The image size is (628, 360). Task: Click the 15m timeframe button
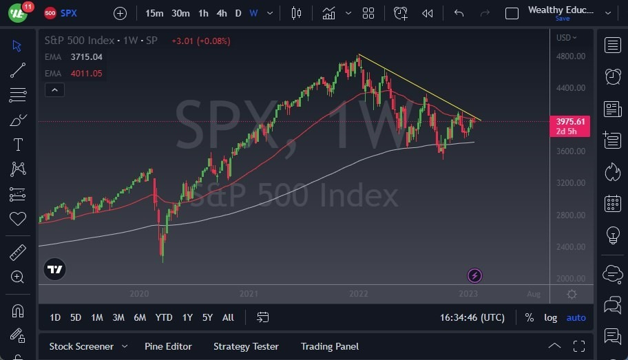point(154,13)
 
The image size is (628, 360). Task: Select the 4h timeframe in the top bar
point(221,13)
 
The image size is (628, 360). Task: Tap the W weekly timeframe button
point(253,13)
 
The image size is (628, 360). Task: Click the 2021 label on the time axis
point(249,294)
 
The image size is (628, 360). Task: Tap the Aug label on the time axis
point(534,294)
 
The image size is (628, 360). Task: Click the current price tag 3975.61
point(571,122)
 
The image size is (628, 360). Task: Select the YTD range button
point(164,317)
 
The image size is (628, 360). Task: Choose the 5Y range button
point(207,317)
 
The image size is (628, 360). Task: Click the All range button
point(228,317)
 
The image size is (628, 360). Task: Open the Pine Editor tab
point(168,346)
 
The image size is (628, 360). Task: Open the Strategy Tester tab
point(246,346)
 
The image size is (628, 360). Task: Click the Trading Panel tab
point(330,346)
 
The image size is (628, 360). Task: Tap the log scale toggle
point(550,317)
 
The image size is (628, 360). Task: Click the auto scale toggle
point(576,317)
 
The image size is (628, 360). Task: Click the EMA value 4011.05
point(86,74)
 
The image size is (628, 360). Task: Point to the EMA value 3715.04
point(86,56)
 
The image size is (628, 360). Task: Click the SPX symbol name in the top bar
point(69,13)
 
